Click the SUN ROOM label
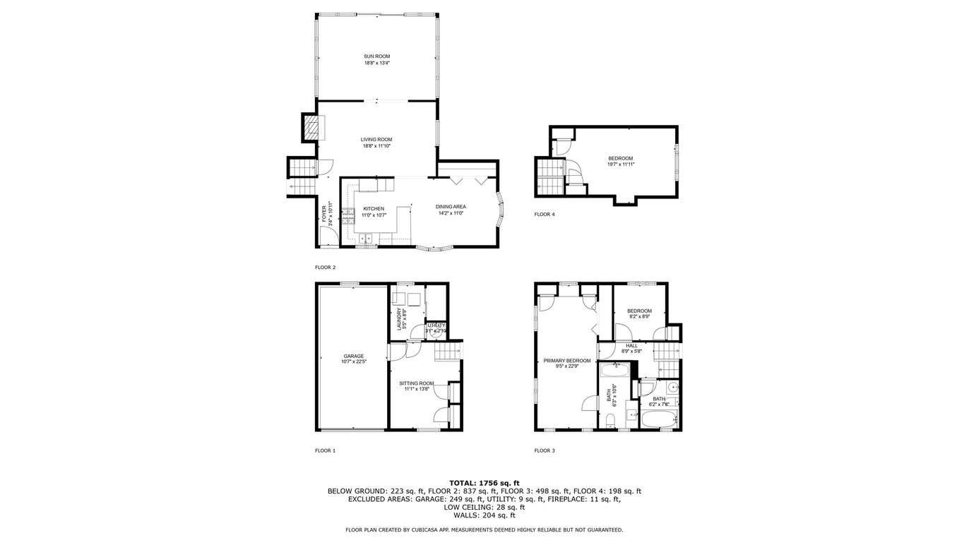click(376, 56)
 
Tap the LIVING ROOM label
click(376, 140)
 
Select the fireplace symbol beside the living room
click(311, 128)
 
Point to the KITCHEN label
click(374, 209)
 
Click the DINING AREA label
click(450, 207)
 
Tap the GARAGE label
click(354, 356)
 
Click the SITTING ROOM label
click(416, 383)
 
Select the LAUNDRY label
click(400, 319)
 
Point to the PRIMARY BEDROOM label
click(567, 361)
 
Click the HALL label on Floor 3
click(631, 345)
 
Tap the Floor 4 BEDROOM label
click(621, 158)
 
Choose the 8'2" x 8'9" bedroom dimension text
click(639, 317)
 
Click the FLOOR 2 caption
click(325, 268)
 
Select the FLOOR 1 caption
click(325, 450)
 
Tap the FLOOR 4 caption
click(545, 214)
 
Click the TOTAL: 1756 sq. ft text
click(484, 483)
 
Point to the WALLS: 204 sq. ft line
click(484, 515)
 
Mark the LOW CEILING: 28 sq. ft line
click(484, 507)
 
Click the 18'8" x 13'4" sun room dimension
click(376, 63)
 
